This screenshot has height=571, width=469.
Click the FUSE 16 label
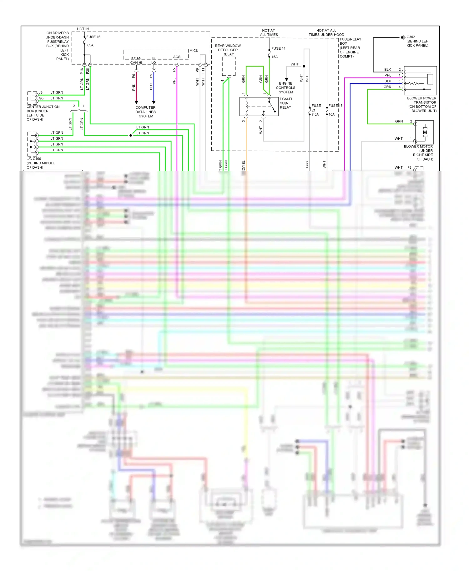pyautogui.click(x=93, y=37)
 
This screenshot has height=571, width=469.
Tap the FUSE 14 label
pyautogui.click(x=278, y=48)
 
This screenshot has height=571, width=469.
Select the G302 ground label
pyautogui.click(x=411, y=37)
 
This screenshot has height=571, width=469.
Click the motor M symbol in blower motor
pyautogui.click(x=425, y=132)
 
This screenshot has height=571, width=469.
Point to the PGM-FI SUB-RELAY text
pyautogui.click(x=285, y=103)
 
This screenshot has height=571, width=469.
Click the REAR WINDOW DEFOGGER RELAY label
pyautogui.click(x=228, y=50)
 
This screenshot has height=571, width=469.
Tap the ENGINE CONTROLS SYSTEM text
pyautogui.click(x=286, y=88)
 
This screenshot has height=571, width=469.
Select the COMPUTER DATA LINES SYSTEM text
pyautogui.click(x=145, y=112)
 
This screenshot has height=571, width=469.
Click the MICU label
pyautogui.click(x=194, y=51)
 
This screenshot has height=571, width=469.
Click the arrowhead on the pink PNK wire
pyautogui.click(x=136, y=102)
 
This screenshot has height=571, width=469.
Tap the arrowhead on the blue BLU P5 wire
pyautogui.click(x=154, y=102)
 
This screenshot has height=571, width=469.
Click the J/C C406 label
pyautogui.click(x=34, y=159)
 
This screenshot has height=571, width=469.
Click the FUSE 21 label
pyautogui.click(x=316, y=106)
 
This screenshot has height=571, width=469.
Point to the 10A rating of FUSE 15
pyautogui.click(x=331, y=114)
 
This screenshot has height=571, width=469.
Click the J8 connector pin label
pyautogui.click(x=41, y=92)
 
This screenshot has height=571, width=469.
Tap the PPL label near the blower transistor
pyautogui.click(x=388, y=75)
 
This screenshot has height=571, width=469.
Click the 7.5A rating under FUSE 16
pyautogui.click(x=90, y=45)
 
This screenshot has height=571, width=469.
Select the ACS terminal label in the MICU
pyautogui.click(x=177, y=57)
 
